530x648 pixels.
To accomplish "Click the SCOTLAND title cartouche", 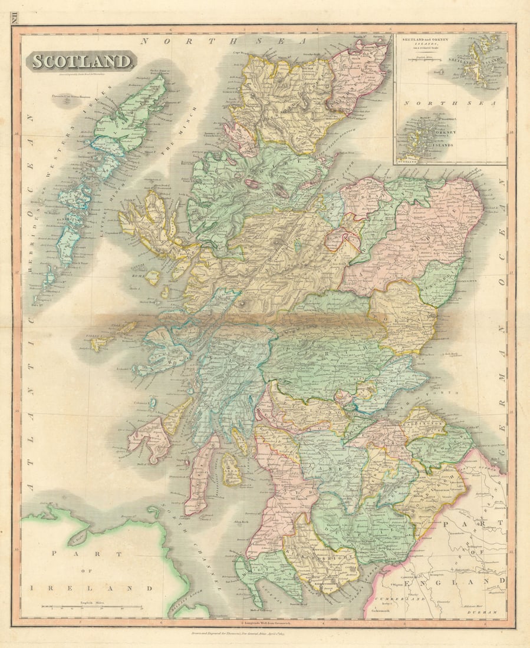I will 81,61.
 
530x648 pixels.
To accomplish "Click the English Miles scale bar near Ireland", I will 91,606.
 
